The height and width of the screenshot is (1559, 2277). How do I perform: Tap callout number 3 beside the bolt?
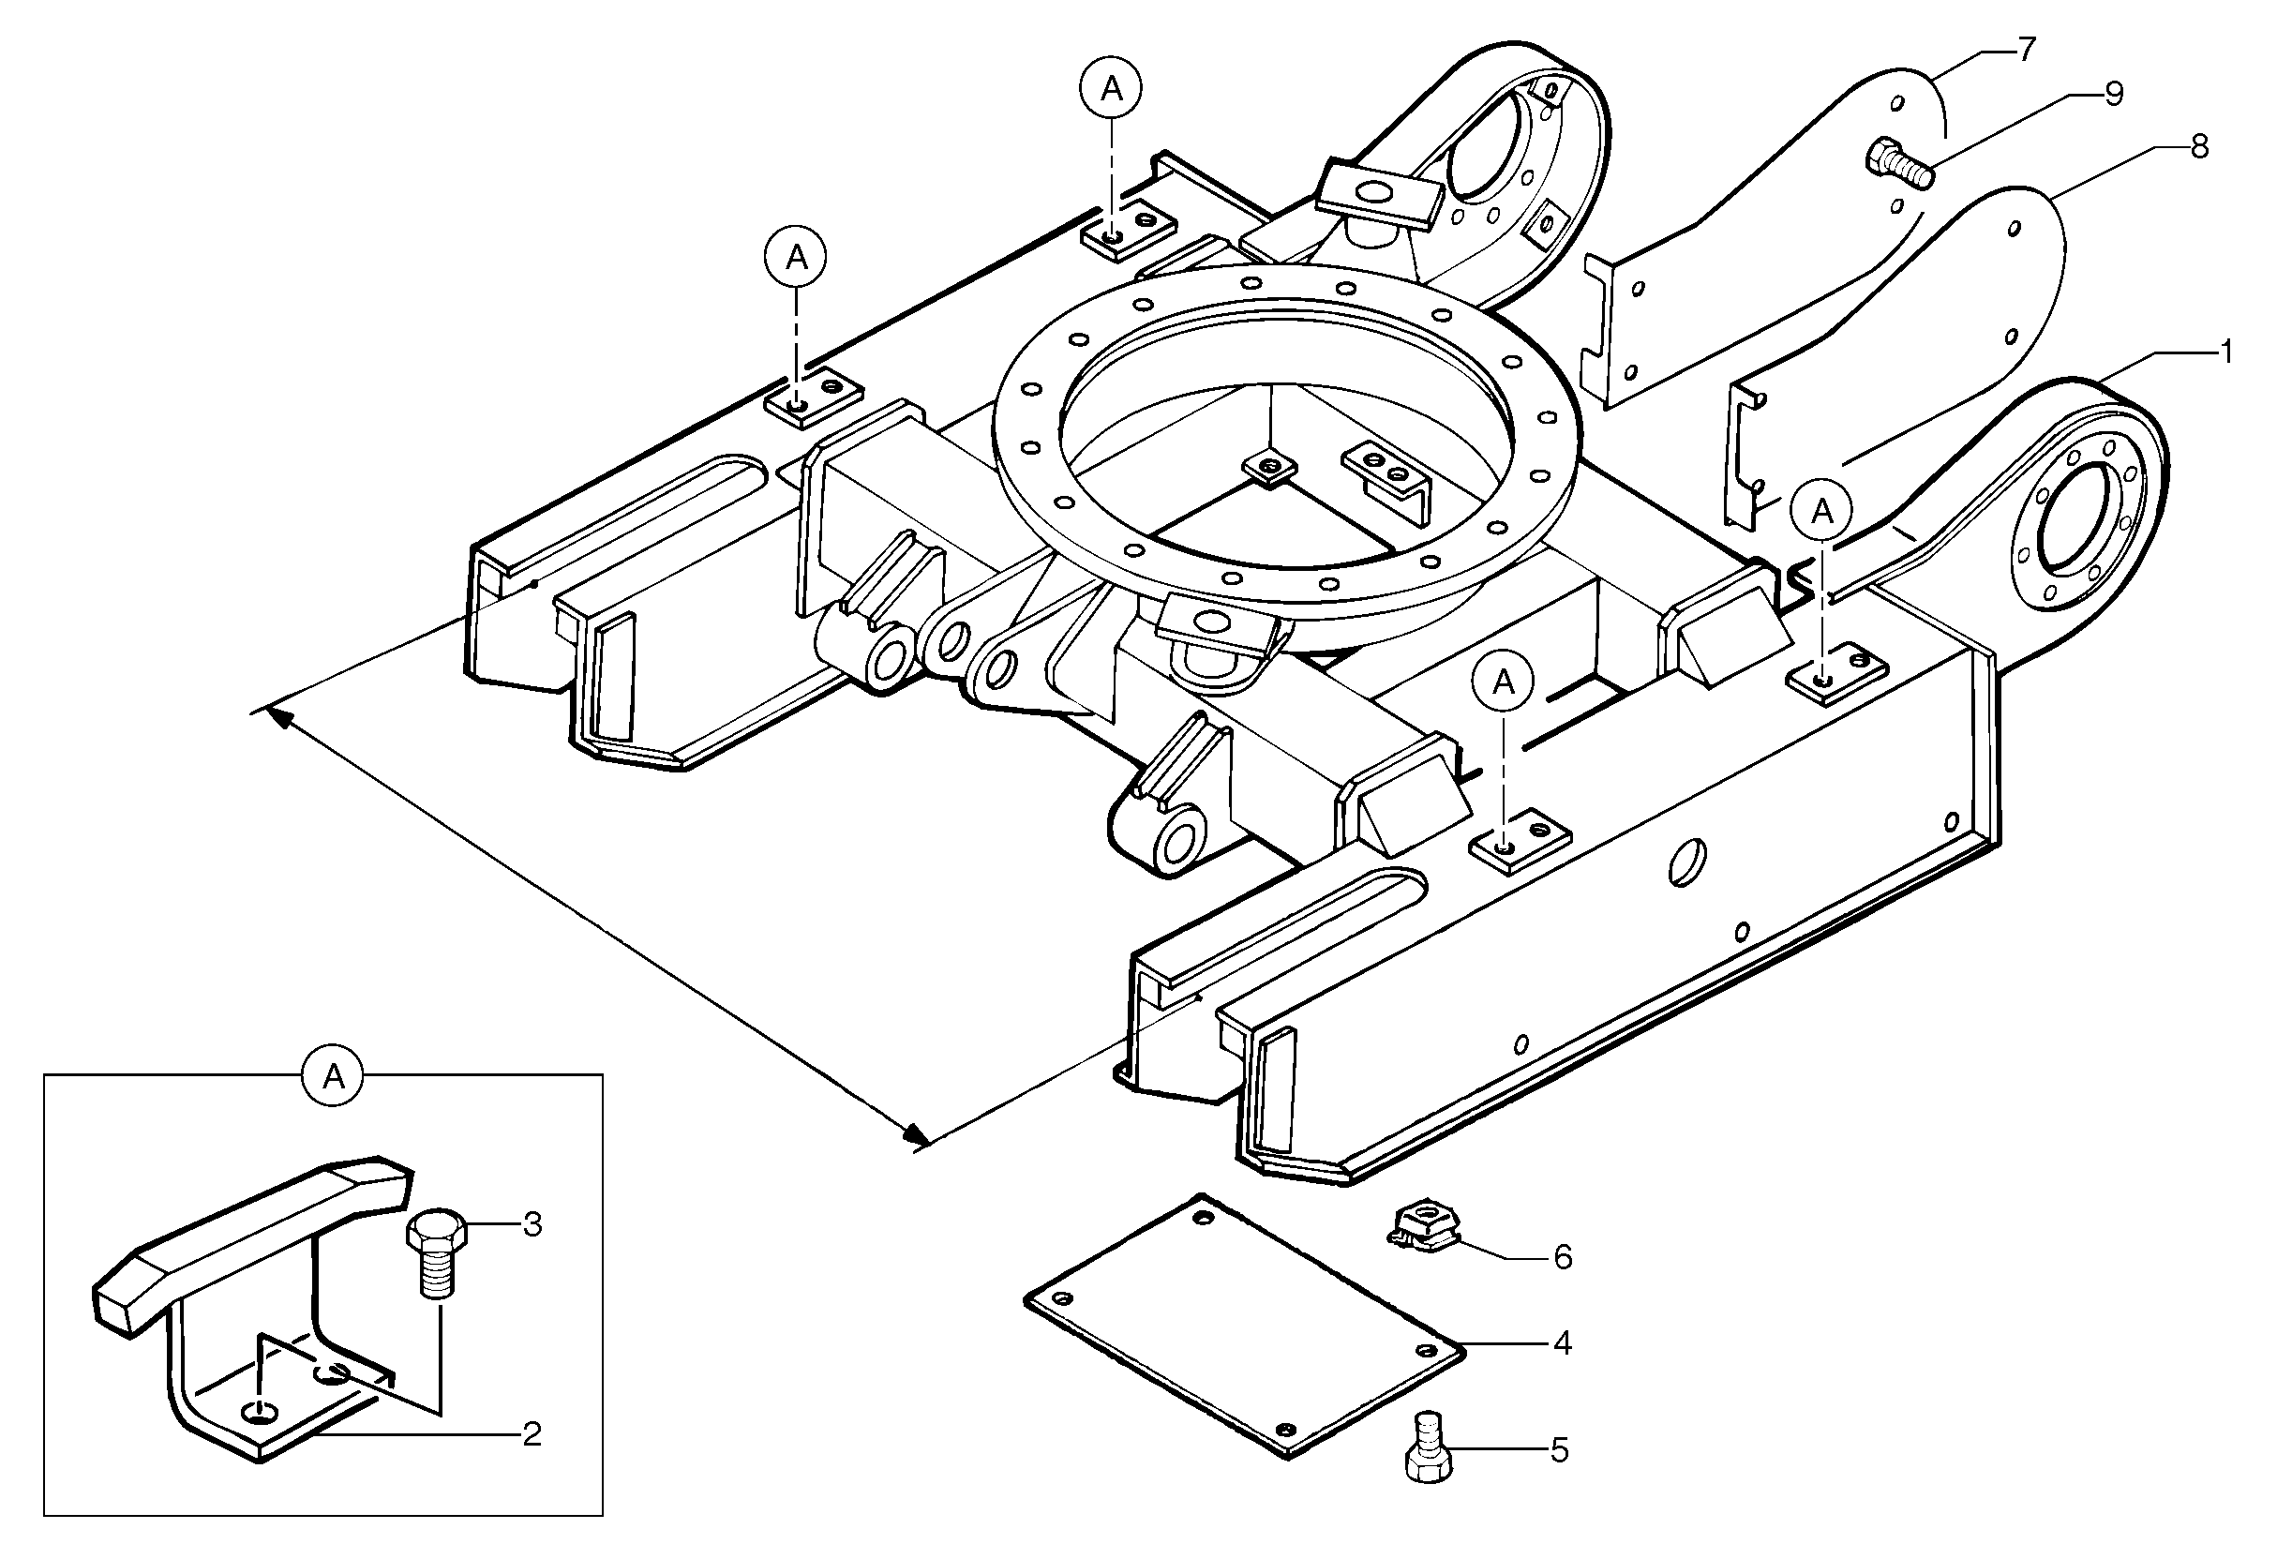532,1224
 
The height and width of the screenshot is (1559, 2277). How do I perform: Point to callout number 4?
1563,1343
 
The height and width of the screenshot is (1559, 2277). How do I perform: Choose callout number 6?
1563,1257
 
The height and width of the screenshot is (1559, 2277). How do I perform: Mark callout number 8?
2199,148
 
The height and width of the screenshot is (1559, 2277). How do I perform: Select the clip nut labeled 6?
1422,1229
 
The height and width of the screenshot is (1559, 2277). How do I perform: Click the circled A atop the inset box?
333,1078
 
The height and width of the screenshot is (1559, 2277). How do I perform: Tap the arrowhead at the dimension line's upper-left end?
279,718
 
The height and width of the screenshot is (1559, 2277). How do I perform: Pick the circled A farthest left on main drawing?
796,259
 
